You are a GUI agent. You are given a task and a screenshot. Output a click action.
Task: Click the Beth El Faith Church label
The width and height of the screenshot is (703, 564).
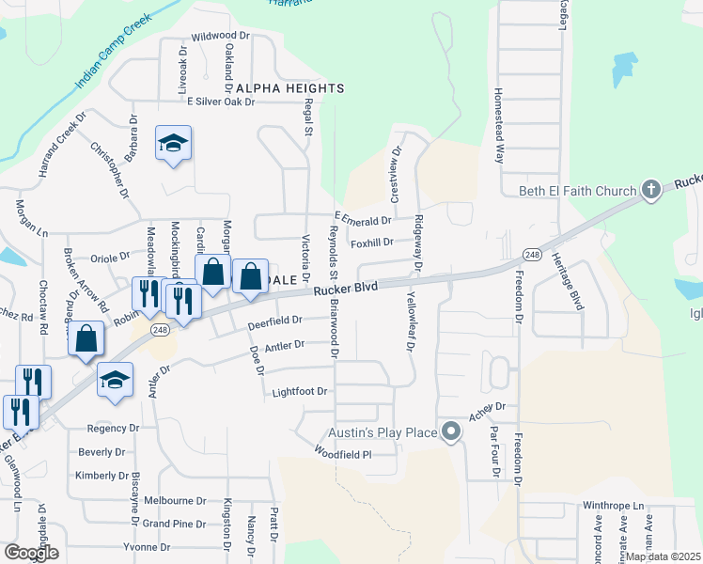(573, 192)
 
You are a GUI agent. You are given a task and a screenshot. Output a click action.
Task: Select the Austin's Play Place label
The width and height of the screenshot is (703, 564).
(383, 432)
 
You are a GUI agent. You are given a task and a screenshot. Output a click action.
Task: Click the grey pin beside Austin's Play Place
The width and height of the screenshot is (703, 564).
(452, 432)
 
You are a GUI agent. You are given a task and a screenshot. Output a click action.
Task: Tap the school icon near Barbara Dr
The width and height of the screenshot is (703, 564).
(173, 143)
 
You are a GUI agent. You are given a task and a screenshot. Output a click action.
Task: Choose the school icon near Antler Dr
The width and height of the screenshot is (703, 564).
(115, 380)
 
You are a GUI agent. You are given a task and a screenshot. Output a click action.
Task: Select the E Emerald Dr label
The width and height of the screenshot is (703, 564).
(362, 221)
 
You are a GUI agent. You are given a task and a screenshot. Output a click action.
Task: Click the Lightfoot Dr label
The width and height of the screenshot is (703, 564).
(299, 391)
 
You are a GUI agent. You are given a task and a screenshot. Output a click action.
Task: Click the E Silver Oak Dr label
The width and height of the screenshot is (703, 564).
(222, 102)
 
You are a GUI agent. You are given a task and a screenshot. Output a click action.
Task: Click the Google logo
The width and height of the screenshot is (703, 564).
(30, 553)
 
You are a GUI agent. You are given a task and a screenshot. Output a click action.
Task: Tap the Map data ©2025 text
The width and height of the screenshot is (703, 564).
(663, 556)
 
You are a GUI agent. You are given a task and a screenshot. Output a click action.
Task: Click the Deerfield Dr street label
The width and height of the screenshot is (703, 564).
(274, 321)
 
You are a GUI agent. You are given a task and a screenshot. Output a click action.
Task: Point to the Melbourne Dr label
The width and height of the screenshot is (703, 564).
(175, 501)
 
